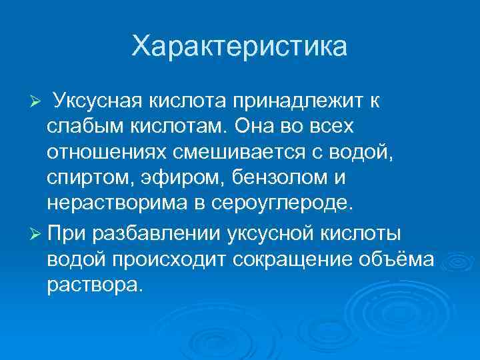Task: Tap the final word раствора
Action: coord(94,285)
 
